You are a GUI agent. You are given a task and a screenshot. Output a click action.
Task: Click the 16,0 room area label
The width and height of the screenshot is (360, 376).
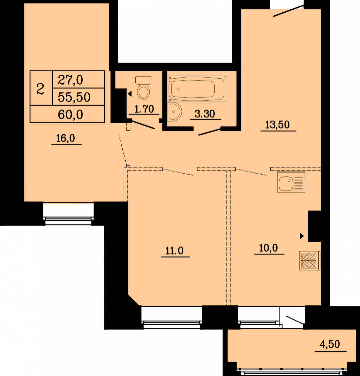point(66,138)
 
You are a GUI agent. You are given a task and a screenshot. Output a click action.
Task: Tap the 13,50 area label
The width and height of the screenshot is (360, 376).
point(277,125)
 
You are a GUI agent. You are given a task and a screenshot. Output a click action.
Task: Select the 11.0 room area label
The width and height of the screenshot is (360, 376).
point(174,250)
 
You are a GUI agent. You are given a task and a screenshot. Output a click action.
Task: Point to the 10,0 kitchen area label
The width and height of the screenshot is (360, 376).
point(268,248)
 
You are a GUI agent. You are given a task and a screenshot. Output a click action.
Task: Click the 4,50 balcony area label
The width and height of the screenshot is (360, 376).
point(330,344)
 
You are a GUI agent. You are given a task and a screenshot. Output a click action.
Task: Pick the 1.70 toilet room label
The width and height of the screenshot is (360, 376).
point(144,109)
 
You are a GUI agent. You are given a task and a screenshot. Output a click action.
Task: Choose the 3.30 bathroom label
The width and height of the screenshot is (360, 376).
point(205,114)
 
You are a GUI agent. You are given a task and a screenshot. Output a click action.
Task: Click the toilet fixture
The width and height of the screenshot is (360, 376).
point(144,88)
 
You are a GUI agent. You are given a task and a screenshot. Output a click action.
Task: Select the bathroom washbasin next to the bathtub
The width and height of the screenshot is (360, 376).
point(175,112)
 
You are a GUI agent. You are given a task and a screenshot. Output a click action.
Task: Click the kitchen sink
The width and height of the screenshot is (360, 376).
point(291,182)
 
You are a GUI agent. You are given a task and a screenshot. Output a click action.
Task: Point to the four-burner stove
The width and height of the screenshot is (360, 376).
point(309,261)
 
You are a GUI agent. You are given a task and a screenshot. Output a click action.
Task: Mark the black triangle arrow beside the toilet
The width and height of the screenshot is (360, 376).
point(130,94)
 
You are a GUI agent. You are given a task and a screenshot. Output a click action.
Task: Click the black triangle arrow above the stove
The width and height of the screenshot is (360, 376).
point(302,236)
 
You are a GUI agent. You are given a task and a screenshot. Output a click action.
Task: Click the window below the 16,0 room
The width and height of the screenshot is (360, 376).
point(68,214)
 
